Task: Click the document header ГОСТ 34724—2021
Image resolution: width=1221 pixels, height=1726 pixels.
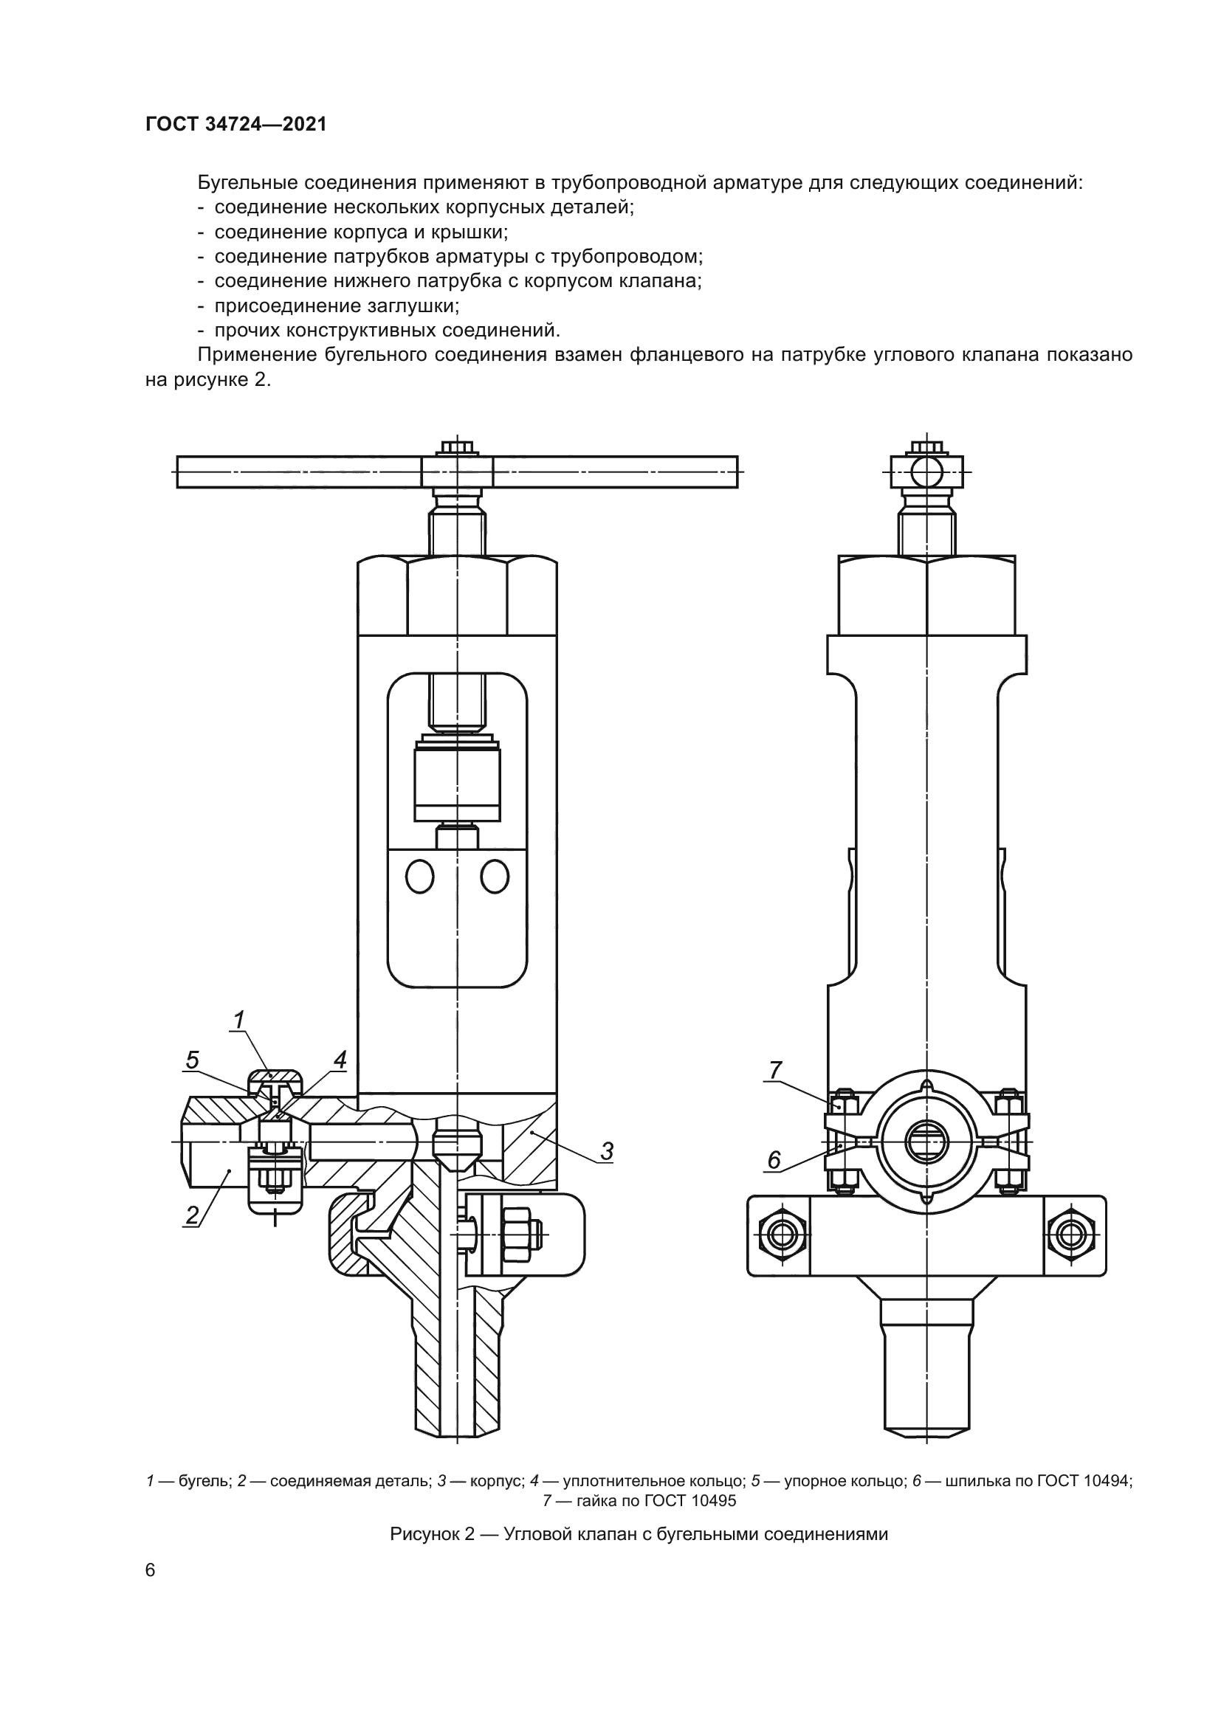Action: click(x=236, y=125)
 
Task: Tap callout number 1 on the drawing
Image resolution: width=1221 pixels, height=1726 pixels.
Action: click(x=239, y=1020)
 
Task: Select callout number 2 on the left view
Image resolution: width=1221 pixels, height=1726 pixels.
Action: click(x=193, y=1215)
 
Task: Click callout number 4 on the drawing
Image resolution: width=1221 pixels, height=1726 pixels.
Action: click(x=340, y=1060)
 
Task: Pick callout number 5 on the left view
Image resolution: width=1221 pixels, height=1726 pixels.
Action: click(x=193, y=1060)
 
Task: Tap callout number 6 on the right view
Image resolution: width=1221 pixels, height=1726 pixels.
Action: click(x=774, y=1161)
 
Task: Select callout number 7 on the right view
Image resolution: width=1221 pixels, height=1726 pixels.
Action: click(x=775, y=1070)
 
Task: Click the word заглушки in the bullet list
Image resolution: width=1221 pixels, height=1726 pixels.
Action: click(x=413, y=306)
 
